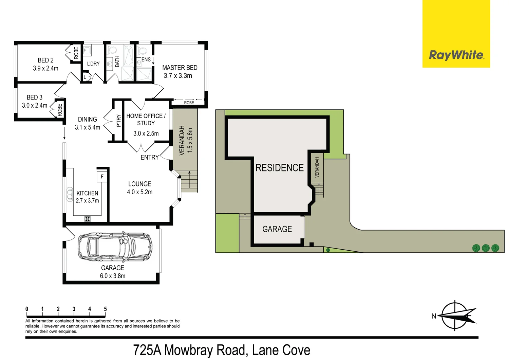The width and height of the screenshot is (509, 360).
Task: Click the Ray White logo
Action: tap(456, 55)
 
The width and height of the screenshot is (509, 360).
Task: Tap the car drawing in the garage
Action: tap(115, 247)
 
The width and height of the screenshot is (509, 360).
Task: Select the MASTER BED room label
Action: tap(180, 68)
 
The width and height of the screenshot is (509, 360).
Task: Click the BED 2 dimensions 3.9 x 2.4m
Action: tap(45, 68)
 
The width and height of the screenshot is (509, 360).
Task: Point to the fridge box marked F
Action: tap(102, 177)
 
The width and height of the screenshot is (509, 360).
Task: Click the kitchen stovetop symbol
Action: tap(88, 219)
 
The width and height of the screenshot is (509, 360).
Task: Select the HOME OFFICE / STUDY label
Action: tap(146, 120)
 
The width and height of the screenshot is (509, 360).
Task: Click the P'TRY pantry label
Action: tap(118, 121)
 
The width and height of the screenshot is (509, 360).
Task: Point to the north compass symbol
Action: tap(456, 316)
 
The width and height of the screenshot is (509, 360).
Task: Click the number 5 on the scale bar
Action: tap(105, 309)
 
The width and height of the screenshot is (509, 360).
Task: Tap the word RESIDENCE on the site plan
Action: tap(279, 168)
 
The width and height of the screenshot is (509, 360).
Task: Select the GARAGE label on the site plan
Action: tap(277, 229)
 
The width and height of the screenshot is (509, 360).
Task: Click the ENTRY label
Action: tap(150, 157)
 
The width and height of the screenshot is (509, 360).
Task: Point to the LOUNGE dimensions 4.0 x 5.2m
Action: tap(139, 192)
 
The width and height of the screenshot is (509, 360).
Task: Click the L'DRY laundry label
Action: tap(93, 64)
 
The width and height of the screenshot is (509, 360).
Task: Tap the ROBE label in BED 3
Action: tap(60, 110)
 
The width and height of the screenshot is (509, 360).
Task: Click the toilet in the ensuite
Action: tap(143, 51)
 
